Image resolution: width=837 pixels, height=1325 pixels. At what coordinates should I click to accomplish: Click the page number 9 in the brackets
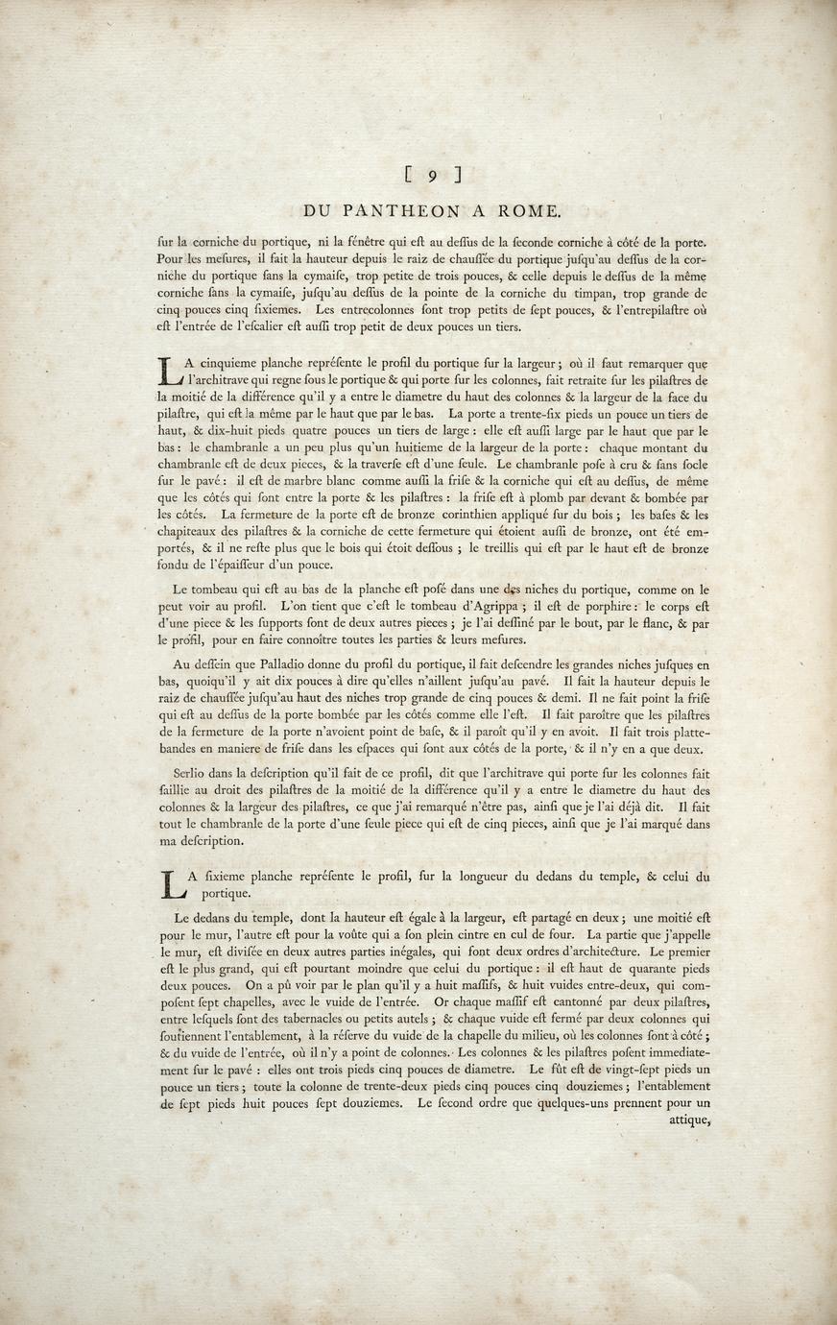[x=433, y=174]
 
